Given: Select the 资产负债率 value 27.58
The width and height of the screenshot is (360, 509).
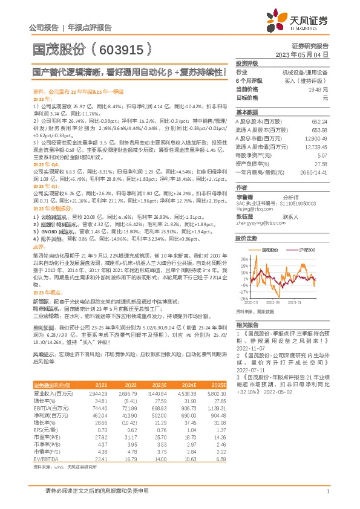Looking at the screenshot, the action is tap(321, 164).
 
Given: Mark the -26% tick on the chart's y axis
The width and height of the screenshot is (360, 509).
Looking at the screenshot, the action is tap(243, 298).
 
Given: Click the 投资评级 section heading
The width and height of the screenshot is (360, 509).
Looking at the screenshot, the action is tap(247, 63).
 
